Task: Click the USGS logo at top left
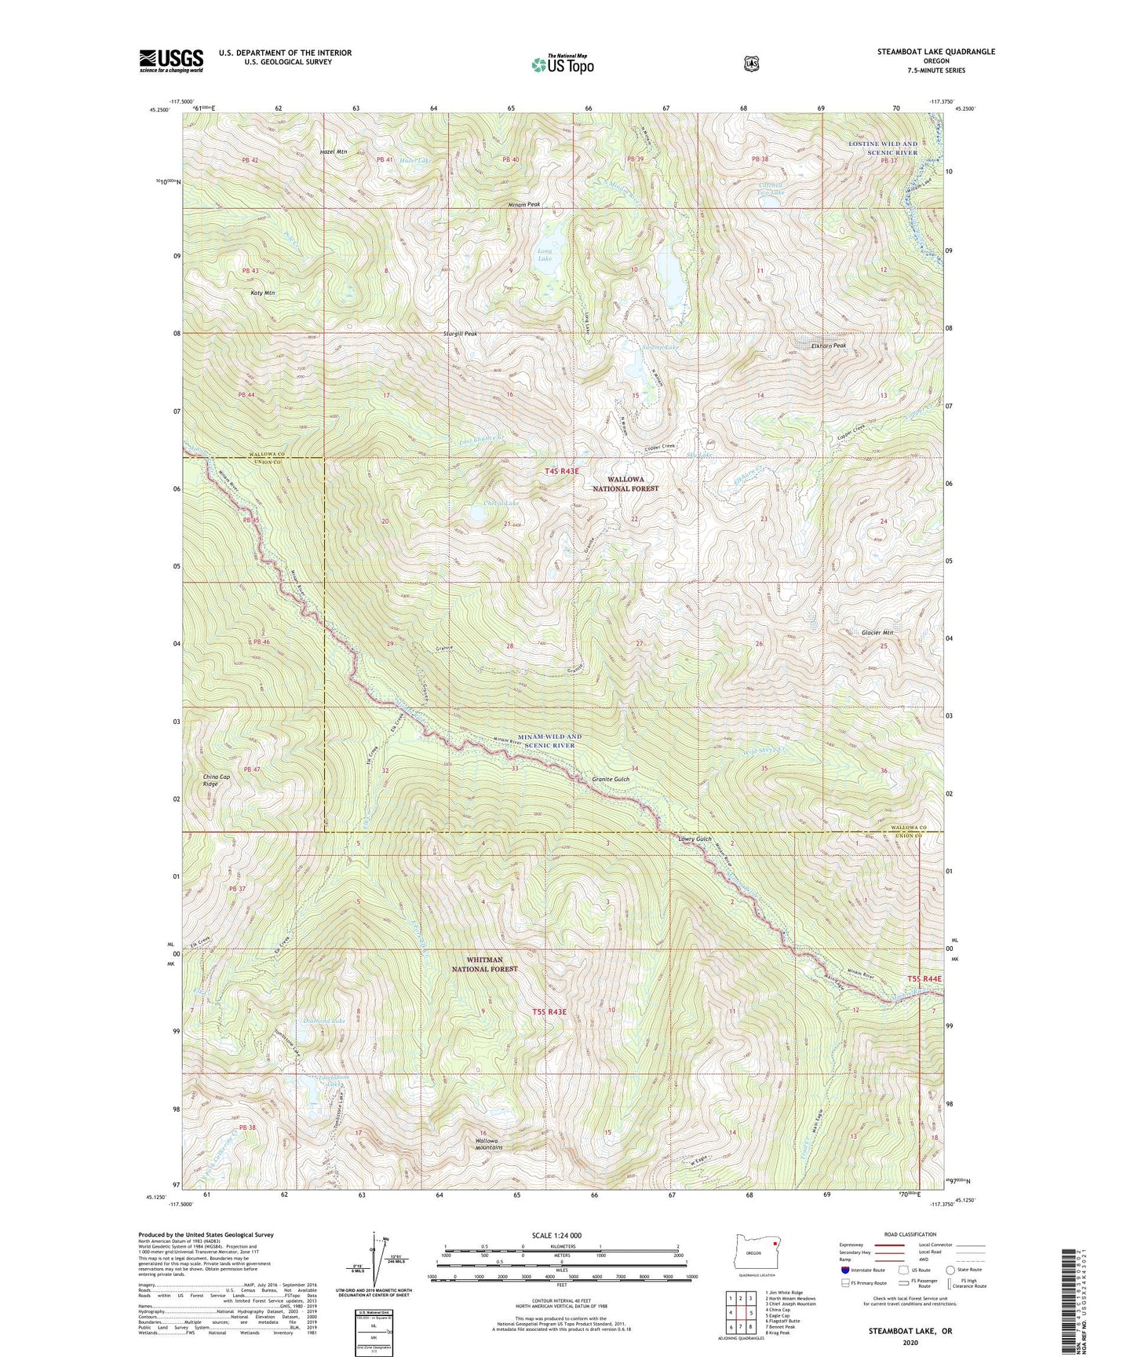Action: [171, 60]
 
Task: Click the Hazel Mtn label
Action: [334, 152]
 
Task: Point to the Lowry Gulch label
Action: [695, 839]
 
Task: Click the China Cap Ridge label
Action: [217, 780]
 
